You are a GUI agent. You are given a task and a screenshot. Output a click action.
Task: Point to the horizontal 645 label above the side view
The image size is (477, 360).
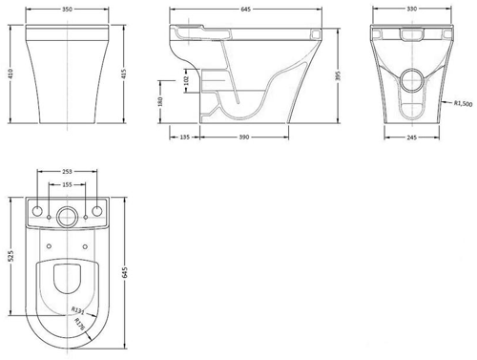247,7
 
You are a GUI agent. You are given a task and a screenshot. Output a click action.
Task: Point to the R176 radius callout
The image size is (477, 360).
82,325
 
